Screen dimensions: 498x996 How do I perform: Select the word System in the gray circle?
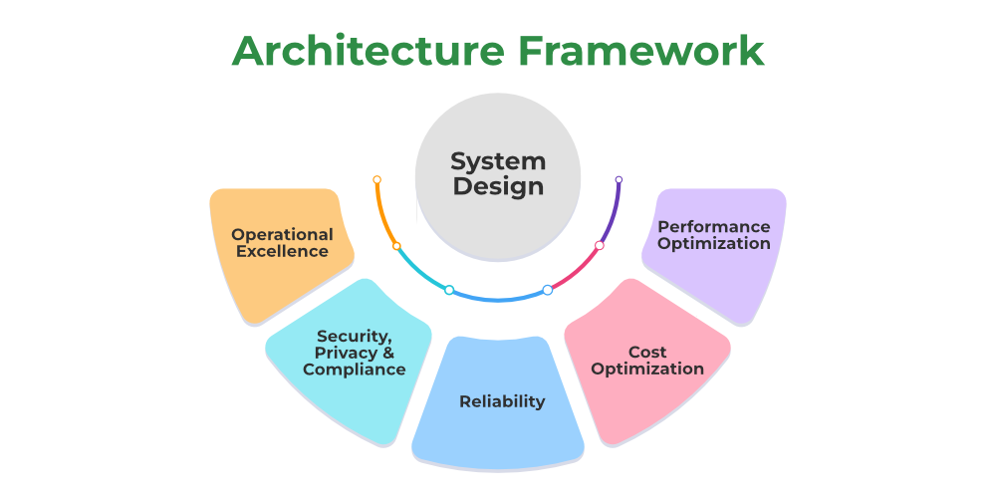tap(498, 161)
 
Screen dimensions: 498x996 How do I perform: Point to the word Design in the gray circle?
tap(498, 186)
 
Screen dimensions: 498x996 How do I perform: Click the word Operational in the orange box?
tap(282, 235)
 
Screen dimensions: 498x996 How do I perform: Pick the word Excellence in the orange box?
tap(282, 252)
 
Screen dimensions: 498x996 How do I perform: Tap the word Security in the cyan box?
tap(352, 336)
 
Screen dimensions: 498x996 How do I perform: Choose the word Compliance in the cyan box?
tap(354, 370)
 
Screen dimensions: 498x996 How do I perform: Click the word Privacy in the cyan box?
tap(343, 353)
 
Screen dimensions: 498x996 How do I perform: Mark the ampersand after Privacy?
tap(388, 353)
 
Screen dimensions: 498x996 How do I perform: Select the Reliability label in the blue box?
tap(502, 401)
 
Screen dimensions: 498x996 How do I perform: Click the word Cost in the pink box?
tap(647, 352)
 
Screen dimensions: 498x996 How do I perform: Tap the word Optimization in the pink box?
tap(647, 369)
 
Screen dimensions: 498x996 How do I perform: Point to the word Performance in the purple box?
tap(714, 227)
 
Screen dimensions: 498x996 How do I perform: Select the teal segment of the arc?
tap(419, 271)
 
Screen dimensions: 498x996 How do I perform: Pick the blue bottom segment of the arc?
tap(498, 298)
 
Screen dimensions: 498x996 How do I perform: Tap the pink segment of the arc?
tap(577, 271)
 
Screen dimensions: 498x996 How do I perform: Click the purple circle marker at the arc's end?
tap(619, 180)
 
